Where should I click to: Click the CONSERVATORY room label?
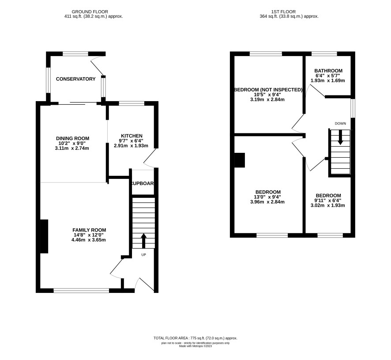click(x=75, y=79)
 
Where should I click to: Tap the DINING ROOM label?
click(x=72, y=138)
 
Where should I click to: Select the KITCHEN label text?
click(x=132, y=136)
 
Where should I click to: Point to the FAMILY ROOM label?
click(x=89, y=230)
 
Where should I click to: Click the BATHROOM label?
click(x=328, y=71)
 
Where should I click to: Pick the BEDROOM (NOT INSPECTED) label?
click(x=268, y=90)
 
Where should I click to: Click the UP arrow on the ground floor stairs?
click(x=143, y=241)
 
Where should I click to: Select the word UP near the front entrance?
click(x=143, y=254)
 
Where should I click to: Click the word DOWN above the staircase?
click(x=340, y=123)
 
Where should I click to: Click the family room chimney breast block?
click(x=44, y=236)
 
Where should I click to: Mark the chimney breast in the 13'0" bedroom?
click(x=240, y=160)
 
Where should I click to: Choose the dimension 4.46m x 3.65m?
click(x=89, y=240)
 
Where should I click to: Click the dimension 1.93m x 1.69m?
click(x=327, y=81)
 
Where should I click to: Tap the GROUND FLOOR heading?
click(x=90, y=12)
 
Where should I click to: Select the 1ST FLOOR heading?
click(x=283, y=12)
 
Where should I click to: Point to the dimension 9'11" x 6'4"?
click(x=327, y=201)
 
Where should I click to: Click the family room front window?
click(x=81, y=291)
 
